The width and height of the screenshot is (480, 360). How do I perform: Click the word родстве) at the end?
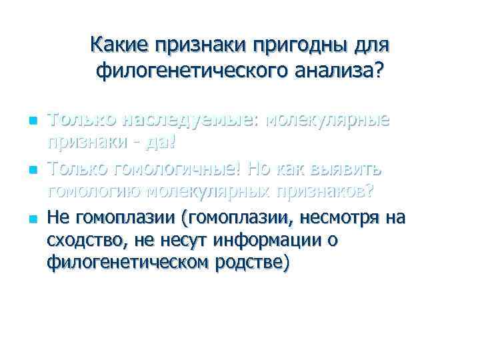point(255,262)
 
